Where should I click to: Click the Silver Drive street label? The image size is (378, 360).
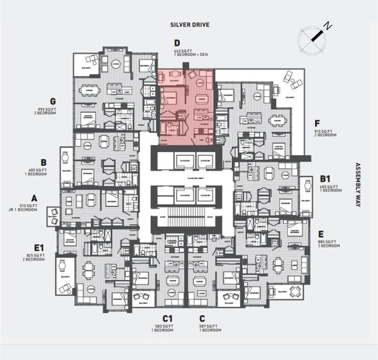[189, 25]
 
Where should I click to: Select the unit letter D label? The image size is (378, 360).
[177, 43]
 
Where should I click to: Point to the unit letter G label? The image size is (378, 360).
[53, 101]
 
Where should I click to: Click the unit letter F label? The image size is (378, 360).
[318, 123]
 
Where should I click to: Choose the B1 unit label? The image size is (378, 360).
[325, 179]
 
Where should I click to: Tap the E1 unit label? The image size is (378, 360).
[39, 248]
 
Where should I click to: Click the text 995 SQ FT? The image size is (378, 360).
[44, 109]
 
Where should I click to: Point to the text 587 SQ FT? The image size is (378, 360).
[210, 326]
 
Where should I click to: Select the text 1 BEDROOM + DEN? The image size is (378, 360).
[191, 55]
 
